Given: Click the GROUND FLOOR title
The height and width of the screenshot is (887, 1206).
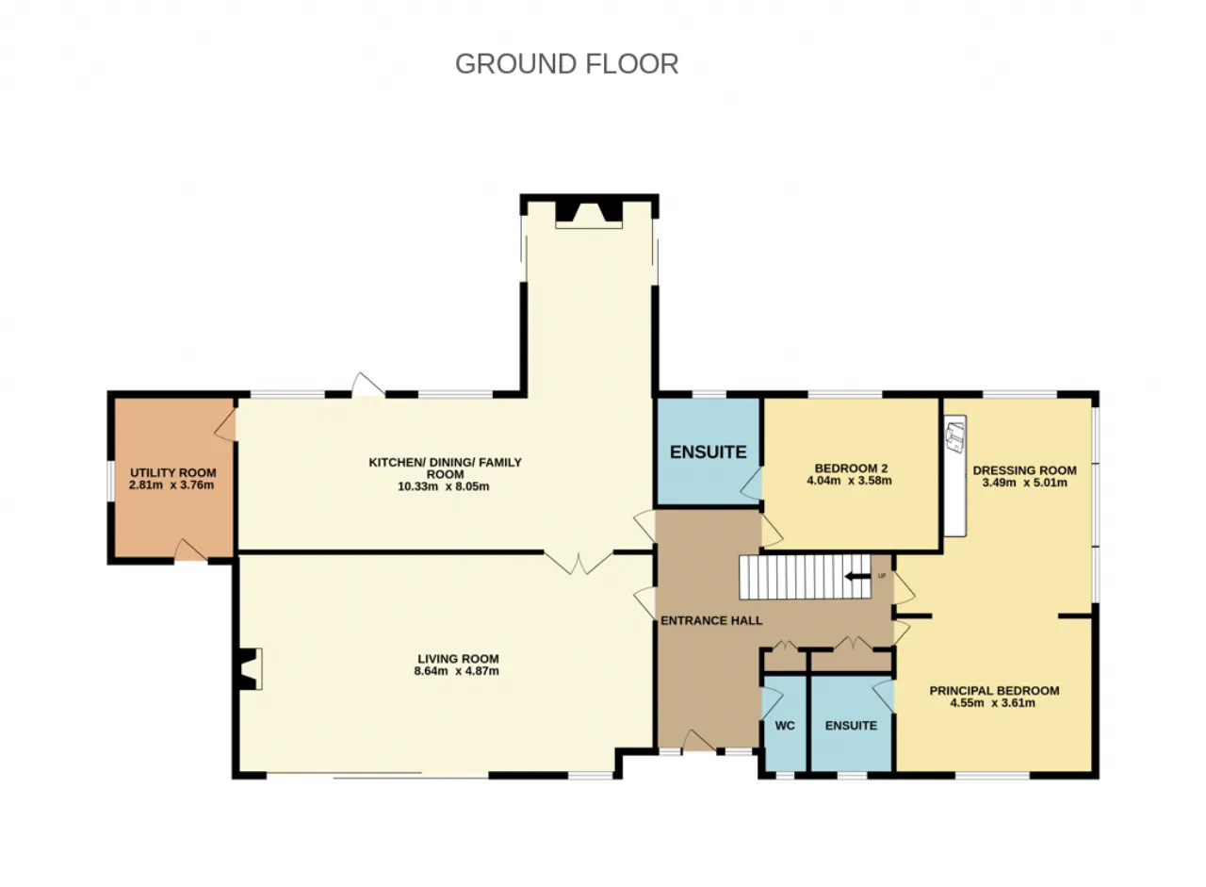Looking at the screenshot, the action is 566,63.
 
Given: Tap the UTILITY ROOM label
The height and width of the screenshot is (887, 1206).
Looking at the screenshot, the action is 172,473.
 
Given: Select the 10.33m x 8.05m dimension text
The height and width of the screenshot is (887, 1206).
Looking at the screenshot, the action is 443,486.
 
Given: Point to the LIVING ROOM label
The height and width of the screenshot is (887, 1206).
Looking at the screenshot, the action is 458,659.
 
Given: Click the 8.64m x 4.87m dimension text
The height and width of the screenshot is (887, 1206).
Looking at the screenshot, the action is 456,671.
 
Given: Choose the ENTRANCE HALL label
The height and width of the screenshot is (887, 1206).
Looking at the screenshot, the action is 711,620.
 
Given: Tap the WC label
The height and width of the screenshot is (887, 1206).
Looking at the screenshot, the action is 785,726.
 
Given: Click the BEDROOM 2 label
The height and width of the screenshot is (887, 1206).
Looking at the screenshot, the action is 851,468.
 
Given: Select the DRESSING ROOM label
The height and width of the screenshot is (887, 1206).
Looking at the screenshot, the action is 1024,470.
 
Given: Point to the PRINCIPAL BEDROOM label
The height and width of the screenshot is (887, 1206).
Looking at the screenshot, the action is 994,690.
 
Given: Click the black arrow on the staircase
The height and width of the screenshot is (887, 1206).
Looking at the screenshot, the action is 857,577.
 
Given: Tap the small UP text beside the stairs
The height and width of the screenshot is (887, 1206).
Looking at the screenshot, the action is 881,576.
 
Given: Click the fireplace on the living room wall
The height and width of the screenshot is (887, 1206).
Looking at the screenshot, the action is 251,669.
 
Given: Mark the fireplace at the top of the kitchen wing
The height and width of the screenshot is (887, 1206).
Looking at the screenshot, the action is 589,214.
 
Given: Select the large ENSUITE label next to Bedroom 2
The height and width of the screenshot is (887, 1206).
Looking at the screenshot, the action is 708,452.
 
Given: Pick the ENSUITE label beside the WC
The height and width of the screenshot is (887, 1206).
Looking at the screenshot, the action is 851,726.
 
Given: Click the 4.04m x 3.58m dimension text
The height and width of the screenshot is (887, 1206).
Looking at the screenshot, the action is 849,481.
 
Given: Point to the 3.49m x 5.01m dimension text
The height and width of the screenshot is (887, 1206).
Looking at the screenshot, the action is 1024,483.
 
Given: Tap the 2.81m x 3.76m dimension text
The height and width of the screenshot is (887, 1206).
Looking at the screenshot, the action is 171,485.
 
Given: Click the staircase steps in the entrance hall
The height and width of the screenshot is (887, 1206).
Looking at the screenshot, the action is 805,577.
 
